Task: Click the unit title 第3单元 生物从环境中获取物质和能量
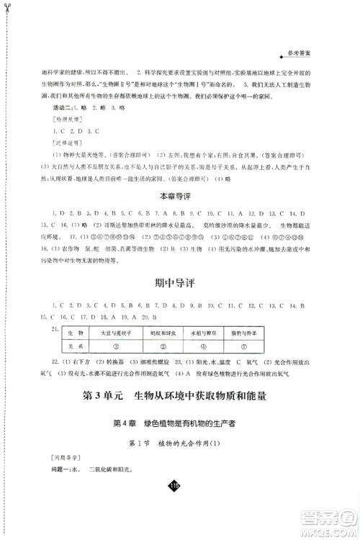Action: pos(180,397)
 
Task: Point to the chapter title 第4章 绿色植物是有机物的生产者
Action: pos(180,424)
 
